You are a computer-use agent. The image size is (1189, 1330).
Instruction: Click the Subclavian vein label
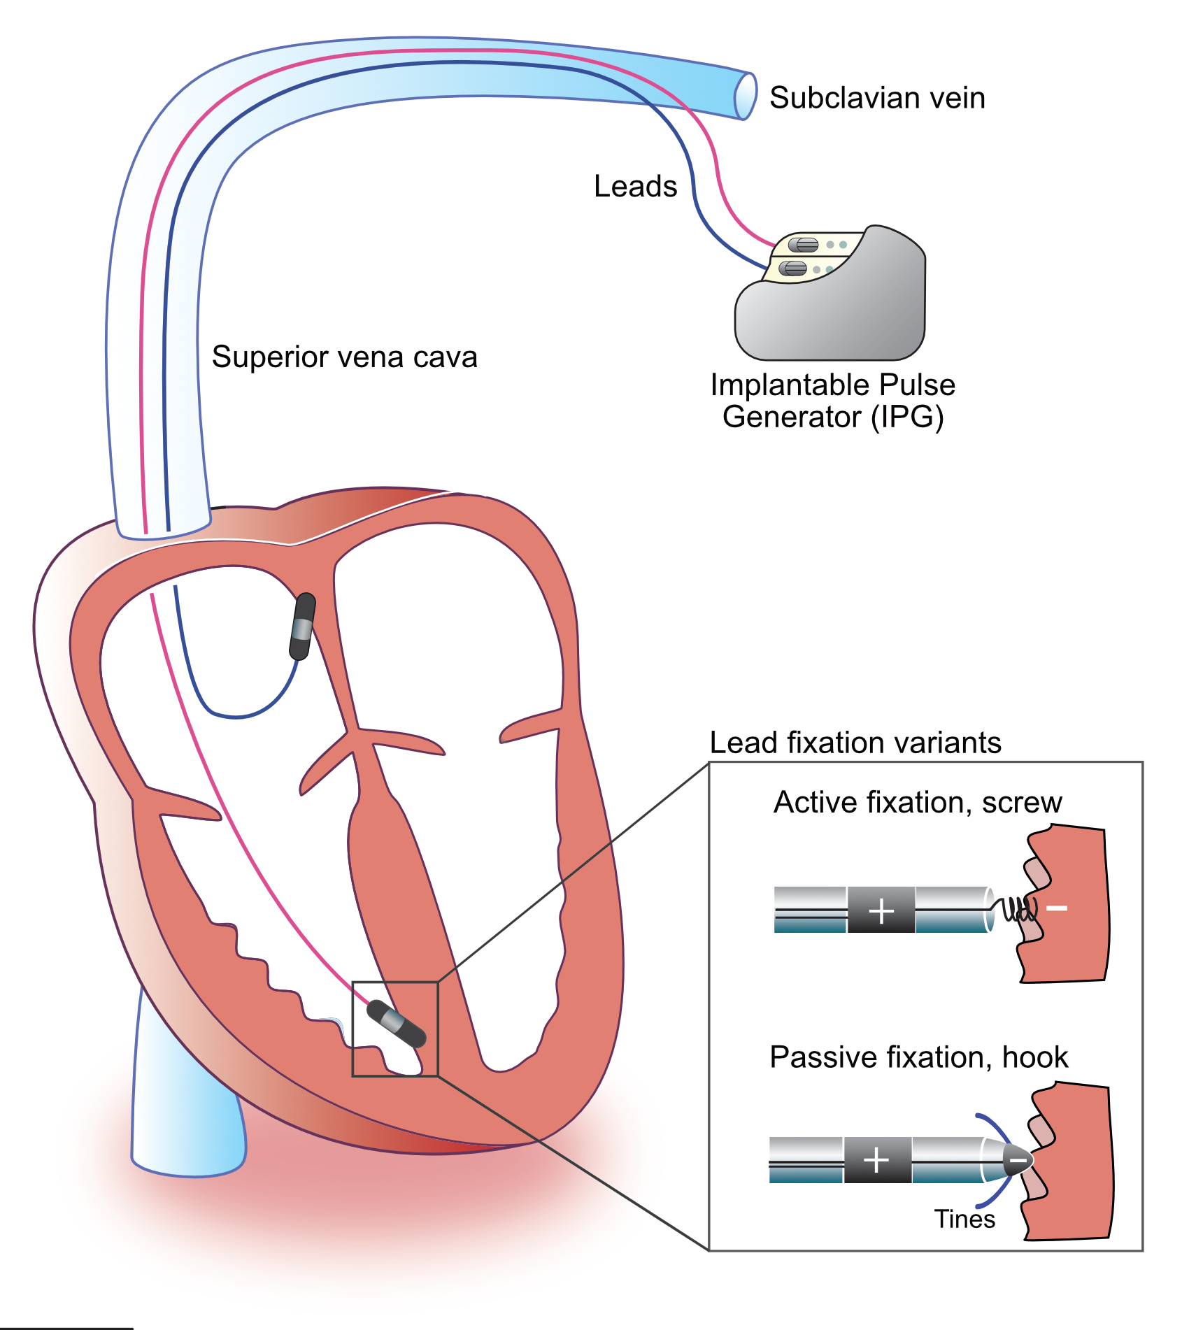point(877,98)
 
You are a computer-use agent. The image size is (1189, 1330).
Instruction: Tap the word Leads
point(635,187)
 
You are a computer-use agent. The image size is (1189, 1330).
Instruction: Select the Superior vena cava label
point(344,357)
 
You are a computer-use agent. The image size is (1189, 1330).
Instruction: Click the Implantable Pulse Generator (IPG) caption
point(832,401)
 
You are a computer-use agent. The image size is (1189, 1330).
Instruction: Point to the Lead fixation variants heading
point(855,743)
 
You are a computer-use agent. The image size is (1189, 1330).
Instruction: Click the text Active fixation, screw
point(918,803)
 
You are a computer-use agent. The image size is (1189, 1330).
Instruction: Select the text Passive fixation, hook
point(918,1057)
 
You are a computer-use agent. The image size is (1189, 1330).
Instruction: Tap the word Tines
point(964,1220)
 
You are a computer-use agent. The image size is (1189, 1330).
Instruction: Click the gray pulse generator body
point(839,315)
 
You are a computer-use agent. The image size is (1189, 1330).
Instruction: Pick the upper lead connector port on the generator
point(804,245)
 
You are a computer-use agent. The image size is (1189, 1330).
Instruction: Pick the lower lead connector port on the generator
point(793,268)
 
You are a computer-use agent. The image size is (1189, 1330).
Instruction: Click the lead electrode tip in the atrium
point(303,627)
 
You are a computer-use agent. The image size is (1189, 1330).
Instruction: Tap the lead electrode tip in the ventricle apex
point(396,1024)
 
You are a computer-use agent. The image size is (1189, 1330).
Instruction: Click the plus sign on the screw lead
point(881,910)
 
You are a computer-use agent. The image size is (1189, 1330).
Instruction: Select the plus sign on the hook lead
point(876,1161)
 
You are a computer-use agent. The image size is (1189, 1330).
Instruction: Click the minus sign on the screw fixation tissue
point(1057,908)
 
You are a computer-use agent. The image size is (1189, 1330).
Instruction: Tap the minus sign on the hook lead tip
point(1018,1161)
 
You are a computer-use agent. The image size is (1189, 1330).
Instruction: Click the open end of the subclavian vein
point(746,96)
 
